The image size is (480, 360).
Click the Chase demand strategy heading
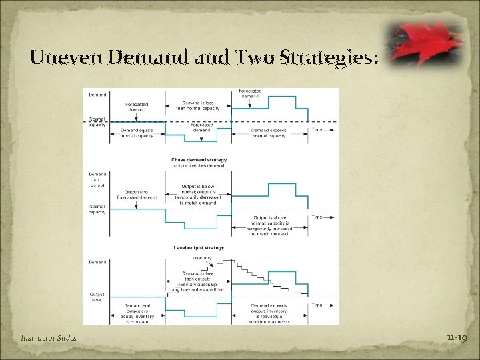pyautogui.click(x=199, y=160)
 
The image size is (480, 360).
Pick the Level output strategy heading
pyautogui.click(x=199, y=248)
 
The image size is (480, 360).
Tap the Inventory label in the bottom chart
pyautogui.click(x=202, y=258)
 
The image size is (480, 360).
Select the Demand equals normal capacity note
pyautogui.click(x=137, y=133)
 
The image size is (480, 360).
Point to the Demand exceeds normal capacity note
pyautogui.click(x=269, y=133)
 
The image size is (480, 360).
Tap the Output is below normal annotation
pyautogui.click(x=201, y=195)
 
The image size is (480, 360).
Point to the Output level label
pyautogui.click(x=97, y=297)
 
